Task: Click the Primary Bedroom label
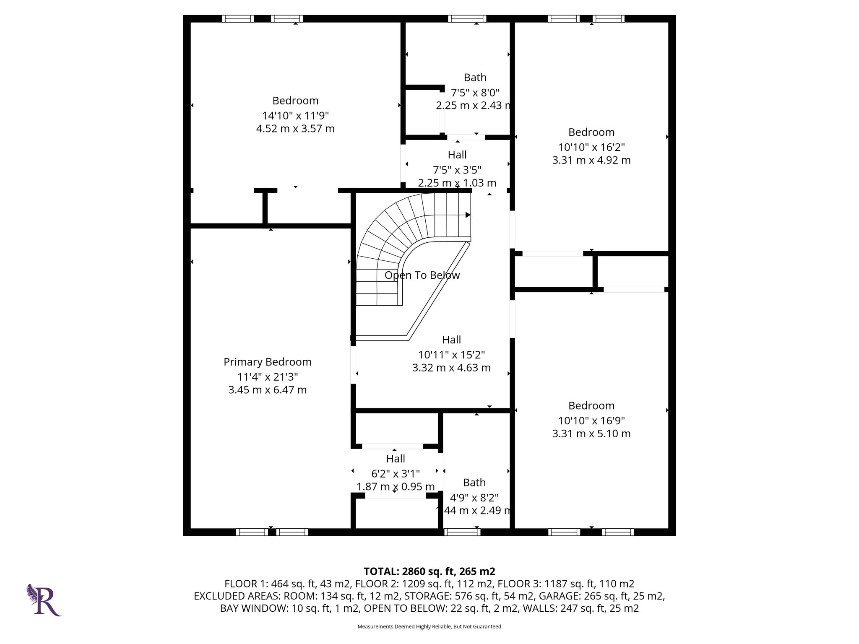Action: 267,362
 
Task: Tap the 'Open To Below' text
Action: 422,275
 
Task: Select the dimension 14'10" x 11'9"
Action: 295,115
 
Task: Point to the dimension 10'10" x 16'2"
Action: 591,147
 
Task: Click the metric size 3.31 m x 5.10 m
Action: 591,434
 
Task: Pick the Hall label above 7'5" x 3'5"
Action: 457,155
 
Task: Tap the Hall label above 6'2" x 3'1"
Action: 396,459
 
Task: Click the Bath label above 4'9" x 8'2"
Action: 474,483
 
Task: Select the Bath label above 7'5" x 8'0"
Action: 475,78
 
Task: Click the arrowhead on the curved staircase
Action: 468,215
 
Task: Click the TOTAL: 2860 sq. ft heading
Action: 429,571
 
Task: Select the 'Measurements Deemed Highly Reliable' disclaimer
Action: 429,626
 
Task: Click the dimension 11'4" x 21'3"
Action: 267,377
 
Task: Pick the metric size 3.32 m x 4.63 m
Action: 451,368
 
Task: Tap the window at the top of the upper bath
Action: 467,18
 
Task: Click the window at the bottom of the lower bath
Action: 462,532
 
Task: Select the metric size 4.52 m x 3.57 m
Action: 295,128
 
